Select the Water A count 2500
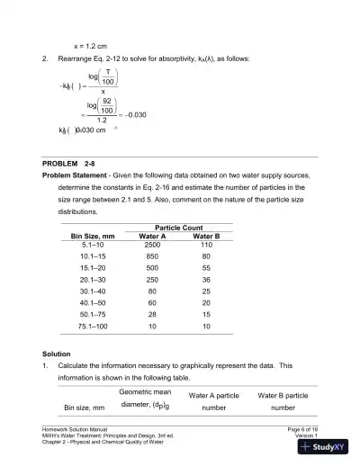tap(152, 245)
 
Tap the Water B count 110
tap(207, 245)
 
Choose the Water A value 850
tap(152, 256)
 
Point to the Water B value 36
tap(207, 280)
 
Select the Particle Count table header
tap(179, 227)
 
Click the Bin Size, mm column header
tap(95, 236)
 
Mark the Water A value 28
tap(152, 315)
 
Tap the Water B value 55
tap(207, 268)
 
